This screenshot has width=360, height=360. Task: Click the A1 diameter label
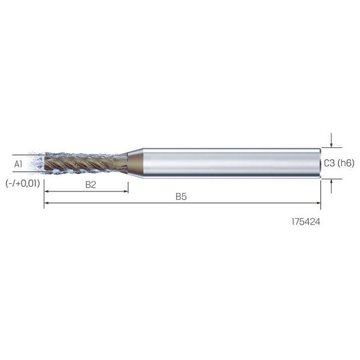(18, 164)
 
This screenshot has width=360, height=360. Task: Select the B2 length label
(91, 184)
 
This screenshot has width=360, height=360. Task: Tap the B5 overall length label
(181, 196)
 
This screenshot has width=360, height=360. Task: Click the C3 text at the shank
(329, 163)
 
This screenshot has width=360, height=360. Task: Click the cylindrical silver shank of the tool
(229, 163)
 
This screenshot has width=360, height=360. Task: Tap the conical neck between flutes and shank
(134, 163)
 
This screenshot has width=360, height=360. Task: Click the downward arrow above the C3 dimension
(332, 142)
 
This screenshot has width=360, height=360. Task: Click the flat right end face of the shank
(320, 163)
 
